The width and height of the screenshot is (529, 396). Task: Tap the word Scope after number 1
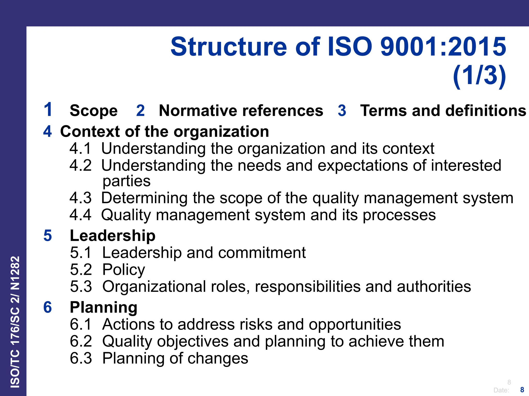point(94,111)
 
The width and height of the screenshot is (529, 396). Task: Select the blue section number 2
point(140,111)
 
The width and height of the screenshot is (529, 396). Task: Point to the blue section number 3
point(342,111)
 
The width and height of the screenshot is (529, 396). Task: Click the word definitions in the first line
point(486,111)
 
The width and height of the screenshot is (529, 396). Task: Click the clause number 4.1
point(80,149)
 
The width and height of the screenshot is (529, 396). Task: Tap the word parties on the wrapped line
point(127,181)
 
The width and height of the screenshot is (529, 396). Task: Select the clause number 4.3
point(80,198)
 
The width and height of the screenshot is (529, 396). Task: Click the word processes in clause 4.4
point(399,215)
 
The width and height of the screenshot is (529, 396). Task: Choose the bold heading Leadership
point(113,236)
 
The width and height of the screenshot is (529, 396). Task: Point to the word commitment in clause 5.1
point(262,253)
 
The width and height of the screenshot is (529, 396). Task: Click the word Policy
point(124,270)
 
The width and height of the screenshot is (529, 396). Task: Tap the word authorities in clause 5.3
point(434,287)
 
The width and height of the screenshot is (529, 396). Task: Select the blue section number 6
point(48,307)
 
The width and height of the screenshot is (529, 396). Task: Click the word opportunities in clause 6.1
point(355,325)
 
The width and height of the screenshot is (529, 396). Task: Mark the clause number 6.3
point(81,358)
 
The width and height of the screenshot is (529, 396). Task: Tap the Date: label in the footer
point(501,390)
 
